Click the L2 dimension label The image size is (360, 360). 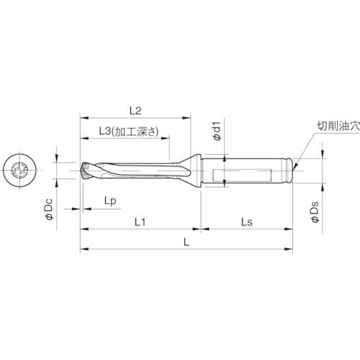pyautogui.click(x=134, y=110)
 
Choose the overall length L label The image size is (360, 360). pyautogui.click(x=186, y=244)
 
